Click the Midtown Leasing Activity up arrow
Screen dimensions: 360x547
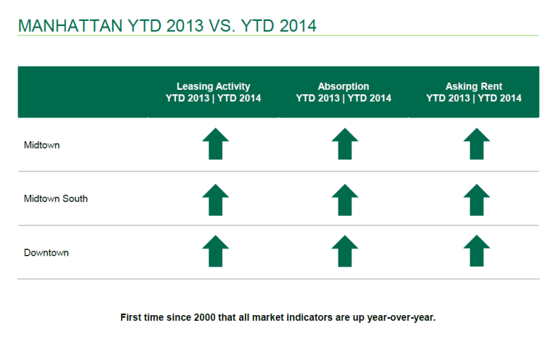pyautogui.click(x=215, y=144)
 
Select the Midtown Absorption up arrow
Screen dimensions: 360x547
pyautogui.click(x=344, y=144)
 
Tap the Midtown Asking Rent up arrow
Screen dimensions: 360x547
pyautogui.click(x=475, y=144)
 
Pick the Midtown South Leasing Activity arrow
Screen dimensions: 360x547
pyautogui.click(x=215, y=200)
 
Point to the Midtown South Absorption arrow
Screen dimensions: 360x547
pyautogui.click(x=344, y=200)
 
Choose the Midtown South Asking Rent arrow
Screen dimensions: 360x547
pyautogui.click(x=475, y=200)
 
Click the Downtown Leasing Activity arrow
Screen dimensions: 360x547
pyautogui.click(x=215, y=251)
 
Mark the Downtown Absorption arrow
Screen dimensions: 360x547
pyautogui.click(x=344, y=251)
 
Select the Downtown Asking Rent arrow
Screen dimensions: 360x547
pyautogui.click(x=475, y=251)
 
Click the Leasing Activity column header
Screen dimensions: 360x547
pyautogui.click(x=213, y=92)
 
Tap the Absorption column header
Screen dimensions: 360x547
pyautogui.click(x=343, y=92)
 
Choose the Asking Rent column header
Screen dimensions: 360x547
pyautogui.click(x=474, y=92)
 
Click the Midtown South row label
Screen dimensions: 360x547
pyautogui.click(x=56, y=198)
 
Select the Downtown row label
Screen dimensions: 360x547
pyautogui.click(x=46, y=253)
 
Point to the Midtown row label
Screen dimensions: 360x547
pyautogui.click(x=42, y=145)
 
